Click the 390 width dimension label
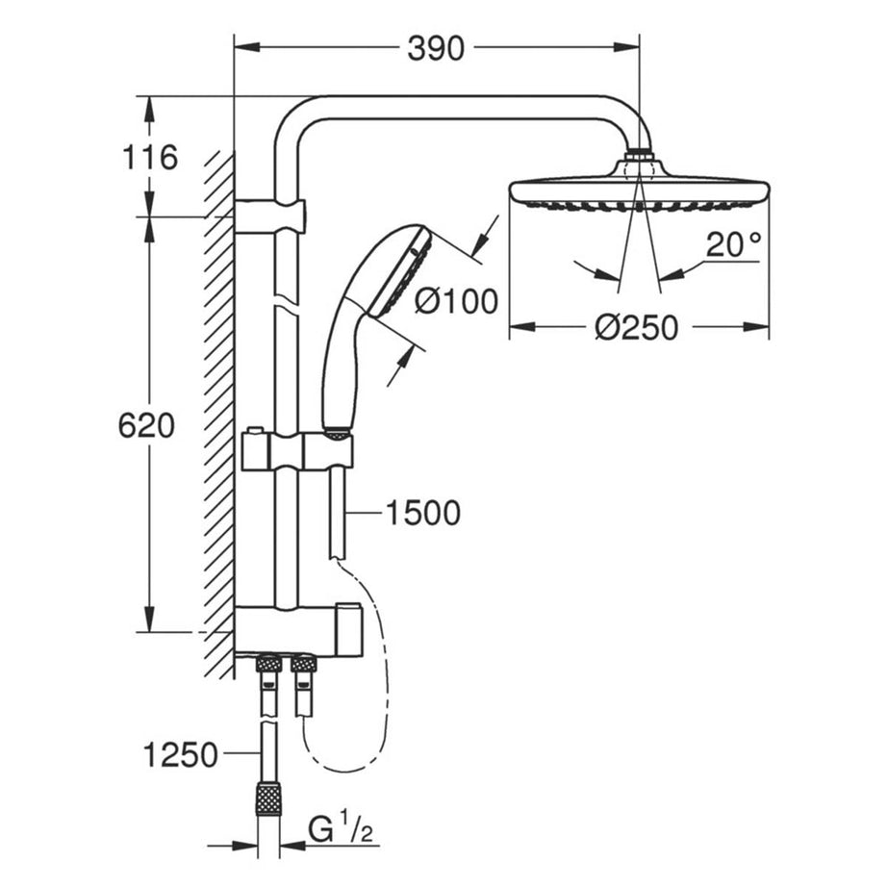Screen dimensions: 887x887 [x=435, y=47]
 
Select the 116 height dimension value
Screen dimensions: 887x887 [x=148, y=157]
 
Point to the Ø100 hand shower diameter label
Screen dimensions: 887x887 [x=455, y=302]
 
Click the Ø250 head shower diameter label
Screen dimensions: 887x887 [x=636, y=328]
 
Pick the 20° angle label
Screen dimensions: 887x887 [x=732, y=245]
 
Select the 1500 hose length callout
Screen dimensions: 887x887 [x=422, y=513]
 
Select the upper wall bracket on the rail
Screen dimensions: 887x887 [x=270, y=216]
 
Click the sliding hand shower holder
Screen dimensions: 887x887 [x=296, y=451]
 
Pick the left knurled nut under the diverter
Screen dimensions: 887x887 [x=268, y=664]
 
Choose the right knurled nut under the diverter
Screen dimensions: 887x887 [x=304, y=664]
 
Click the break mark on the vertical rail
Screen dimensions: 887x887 [x=286, y=306]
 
